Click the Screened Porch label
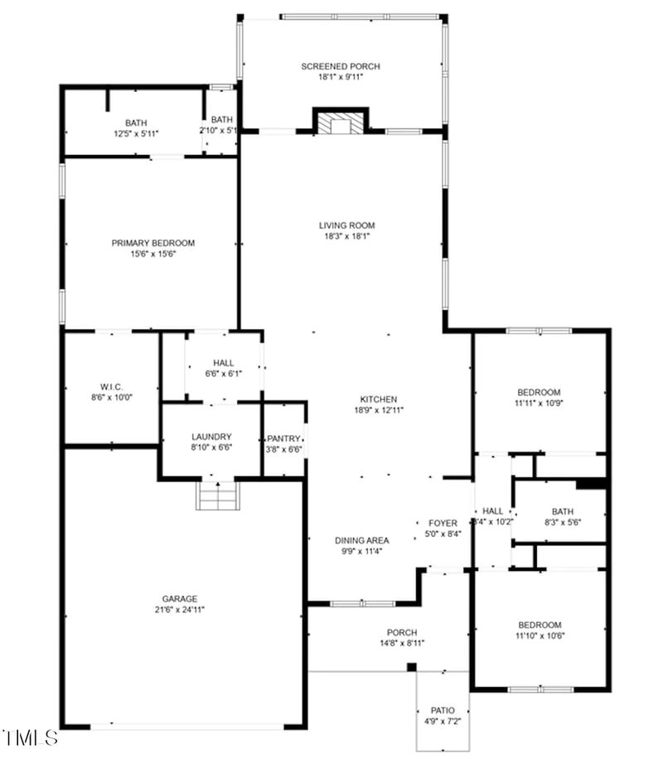[341, 66]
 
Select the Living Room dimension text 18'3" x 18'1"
[346, 236]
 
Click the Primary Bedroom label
[153, 243]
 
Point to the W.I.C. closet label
[112, 387]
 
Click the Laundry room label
[211, 437]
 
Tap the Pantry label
[283, 438]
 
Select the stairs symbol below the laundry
[217, 497]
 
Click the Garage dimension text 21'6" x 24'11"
[179, 610]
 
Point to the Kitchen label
[378, 399]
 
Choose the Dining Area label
[361, 540]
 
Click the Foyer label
[443, 523]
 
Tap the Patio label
[442, 711]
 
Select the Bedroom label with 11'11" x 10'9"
[539, 392]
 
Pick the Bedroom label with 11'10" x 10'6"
[540, 625]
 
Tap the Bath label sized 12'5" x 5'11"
[137, 123]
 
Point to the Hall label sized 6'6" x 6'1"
[223, 363]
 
